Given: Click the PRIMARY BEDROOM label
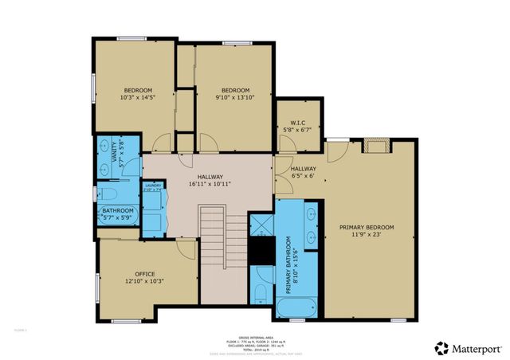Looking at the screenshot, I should [367, 227].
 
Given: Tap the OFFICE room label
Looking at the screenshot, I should [144, 273].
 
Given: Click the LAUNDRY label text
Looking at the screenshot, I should [153, 186].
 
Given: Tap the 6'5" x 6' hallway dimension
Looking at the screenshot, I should [303, 177].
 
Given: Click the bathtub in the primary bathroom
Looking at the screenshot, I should [296, 307].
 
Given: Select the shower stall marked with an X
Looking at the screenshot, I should [261, 223].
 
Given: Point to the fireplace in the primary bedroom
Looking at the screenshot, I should [375, 145].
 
